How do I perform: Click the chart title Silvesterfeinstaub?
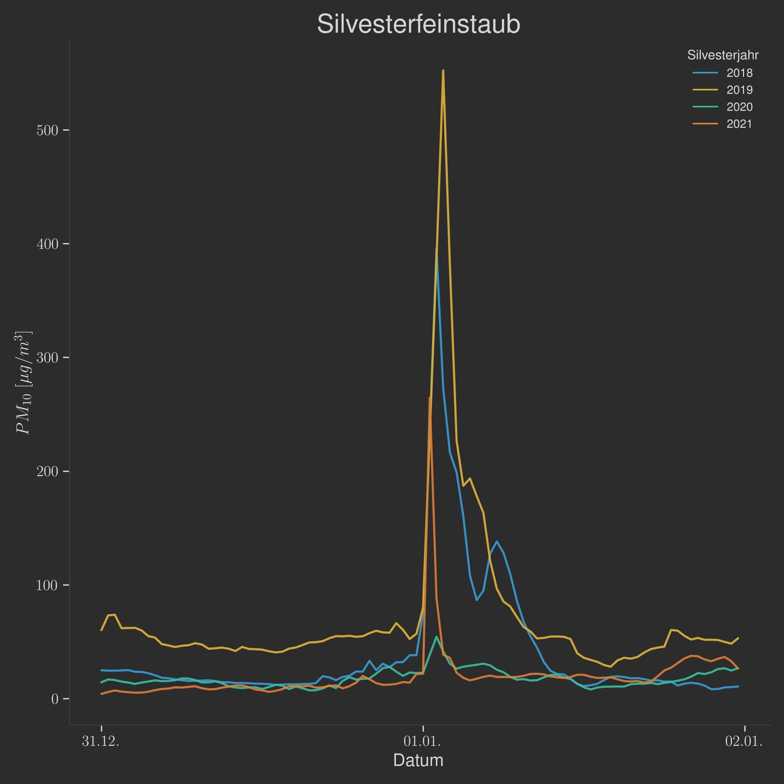(x=418, y=24)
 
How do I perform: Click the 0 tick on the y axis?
(x=54, y=699)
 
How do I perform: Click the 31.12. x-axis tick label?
(x=101, y=742)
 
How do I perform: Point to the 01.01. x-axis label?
(x=422, y=742)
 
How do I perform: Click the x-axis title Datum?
(x=418, y=760)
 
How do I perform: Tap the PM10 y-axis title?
(x=24, y=382)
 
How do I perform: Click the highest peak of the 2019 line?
(x=443, y=70)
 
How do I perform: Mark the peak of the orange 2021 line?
(x=430, y=397)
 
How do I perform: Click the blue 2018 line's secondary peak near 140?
(x=496, y=541)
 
